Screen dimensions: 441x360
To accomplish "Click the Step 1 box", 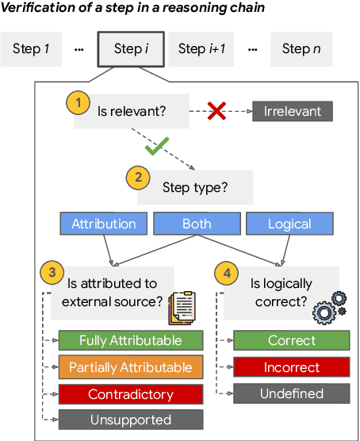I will [x=31, y=49].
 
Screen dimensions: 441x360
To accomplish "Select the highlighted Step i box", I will [x=131, y=49].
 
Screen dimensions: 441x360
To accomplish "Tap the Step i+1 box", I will [x=203, y=49].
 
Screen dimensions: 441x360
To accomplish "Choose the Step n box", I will [x=301, y=49].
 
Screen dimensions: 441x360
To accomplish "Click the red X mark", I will [x=216, y=111].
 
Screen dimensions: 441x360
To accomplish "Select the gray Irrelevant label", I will [x=292, y=111].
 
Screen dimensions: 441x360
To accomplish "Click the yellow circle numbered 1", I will [x=78, y=102].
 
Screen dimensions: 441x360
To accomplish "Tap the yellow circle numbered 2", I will [x=137, y=178].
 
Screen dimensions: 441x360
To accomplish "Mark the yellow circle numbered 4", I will [x=225, y=273].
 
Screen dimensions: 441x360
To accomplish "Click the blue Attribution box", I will [x=103, y=224].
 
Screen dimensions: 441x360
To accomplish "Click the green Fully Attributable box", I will [x=131, y=341].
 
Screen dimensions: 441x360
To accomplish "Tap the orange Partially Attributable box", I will [x=131, y=367].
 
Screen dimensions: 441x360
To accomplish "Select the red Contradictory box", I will [x=131, y=393].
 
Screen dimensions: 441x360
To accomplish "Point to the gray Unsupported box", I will [x=131, y=420].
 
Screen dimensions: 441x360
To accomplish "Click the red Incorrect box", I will [x=292, y=367].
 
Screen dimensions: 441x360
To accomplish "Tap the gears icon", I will [x=330, y=306].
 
